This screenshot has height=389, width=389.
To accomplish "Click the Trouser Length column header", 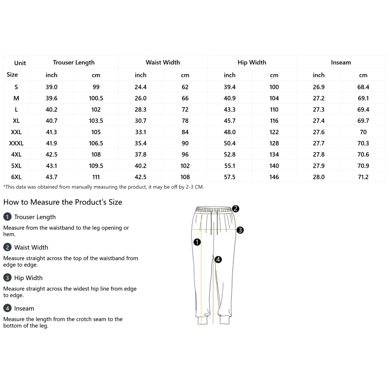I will click(74, 62).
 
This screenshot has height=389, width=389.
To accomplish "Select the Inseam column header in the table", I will click(341, 62).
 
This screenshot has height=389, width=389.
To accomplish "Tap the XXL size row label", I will click(16, 132).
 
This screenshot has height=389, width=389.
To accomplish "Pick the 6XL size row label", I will click(16, 177).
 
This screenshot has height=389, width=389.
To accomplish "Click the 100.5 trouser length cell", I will click(96, 98).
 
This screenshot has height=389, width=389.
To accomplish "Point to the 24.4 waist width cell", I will click(140, 87).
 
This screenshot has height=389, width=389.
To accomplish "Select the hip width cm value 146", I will click(274, 177).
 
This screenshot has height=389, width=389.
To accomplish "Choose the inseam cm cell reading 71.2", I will click(363, 177).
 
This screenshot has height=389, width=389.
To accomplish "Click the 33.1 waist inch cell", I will click(140, 132).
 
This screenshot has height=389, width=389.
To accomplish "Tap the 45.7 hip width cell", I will click(230, 121).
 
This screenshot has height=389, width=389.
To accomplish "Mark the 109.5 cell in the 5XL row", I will click(96, 166).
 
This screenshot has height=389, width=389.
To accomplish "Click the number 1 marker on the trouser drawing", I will click(197, 242).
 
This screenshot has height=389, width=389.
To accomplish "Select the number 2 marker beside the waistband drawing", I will click(236, 209).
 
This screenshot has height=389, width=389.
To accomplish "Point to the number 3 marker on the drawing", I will click(240, 230).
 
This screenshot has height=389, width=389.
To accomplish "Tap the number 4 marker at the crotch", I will click(218, 259).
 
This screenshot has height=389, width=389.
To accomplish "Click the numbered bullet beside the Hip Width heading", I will click(7, 278).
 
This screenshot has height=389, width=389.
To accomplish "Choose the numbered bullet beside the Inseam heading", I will click(7, 308).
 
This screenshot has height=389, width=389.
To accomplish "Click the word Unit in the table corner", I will click(20, 63).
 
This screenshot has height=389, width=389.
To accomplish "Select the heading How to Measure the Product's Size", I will click(63, 202).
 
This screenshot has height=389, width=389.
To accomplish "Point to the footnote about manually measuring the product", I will click(103, 187).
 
